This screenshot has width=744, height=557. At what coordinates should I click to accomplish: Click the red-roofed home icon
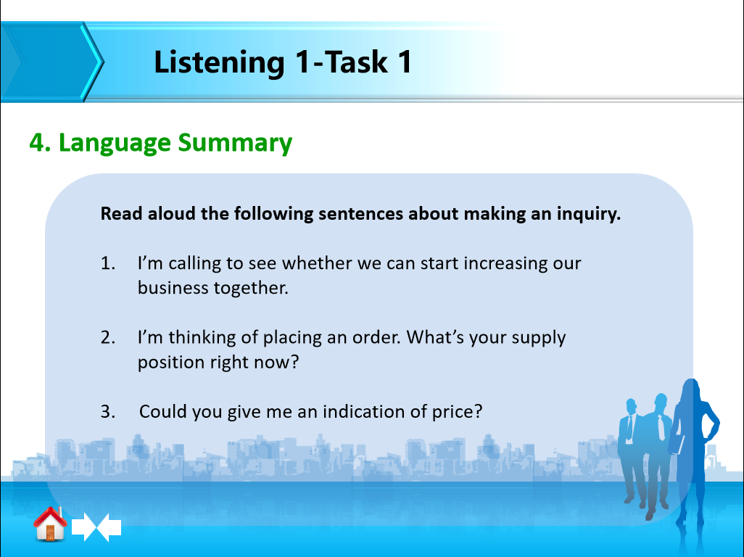[x=50, y=524]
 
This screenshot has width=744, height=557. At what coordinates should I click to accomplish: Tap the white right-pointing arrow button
[x=85, y=527]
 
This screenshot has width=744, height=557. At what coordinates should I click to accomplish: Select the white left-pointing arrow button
[x=109, y=527]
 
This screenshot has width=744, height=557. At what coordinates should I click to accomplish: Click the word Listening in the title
[x=219, y=63]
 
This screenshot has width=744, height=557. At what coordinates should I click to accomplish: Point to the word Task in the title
[x=356, y=62]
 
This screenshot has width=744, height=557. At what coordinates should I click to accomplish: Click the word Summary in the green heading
[x=235, y=144]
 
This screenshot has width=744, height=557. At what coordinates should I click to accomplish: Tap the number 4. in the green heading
[x=40, y=142]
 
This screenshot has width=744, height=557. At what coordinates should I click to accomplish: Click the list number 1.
[x=108, y=263]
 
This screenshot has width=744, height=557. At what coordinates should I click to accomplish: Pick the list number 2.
[x=108, y=337]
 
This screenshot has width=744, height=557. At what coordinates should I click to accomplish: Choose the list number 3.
[x=108, y=411]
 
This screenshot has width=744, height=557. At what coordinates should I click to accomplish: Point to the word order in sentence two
[x=377, y=337]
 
